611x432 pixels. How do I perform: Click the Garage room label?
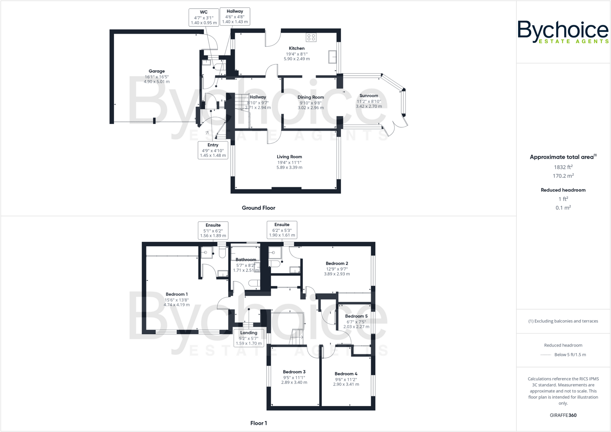click(157, 71)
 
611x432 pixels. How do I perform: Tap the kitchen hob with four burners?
click(311, 37)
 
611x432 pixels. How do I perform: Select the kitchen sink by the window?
click(332, 57)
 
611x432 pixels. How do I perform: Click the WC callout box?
click(204, 17)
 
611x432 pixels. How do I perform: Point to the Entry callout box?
click(213, 150)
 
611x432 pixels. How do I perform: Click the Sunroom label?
click(369, 96)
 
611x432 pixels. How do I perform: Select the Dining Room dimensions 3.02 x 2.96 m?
click(311, 108)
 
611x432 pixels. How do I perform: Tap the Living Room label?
click(289, 157)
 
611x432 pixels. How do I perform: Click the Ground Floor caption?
click(258, 208)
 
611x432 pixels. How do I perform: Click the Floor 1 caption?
click(258, 423)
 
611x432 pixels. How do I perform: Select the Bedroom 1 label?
click(177, 294)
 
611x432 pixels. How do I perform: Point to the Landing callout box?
click(249, 338)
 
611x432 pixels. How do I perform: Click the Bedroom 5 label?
click(356, 316)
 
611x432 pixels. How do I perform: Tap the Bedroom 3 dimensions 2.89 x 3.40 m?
click(294, 382)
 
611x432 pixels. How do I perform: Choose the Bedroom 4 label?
click(346, 374)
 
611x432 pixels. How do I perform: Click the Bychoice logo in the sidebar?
click(563, 32)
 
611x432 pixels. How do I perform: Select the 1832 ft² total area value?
click(563, 167)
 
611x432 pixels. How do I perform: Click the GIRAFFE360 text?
click(563, 415)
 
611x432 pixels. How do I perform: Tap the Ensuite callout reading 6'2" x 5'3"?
click(282, 230)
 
